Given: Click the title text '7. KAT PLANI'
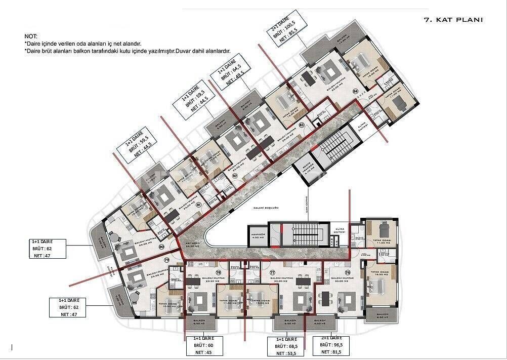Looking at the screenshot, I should pos(452,20).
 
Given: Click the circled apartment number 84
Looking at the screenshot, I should pos(355,91).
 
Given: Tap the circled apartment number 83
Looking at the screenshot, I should pos(302,125).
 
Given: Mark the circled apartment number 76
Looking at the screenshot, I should pos(348,272).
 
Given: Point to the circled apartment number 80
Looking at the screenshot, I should pos(161,247).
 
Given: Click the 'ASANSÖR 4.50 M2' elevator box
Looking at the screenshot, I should pos(256,234).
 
